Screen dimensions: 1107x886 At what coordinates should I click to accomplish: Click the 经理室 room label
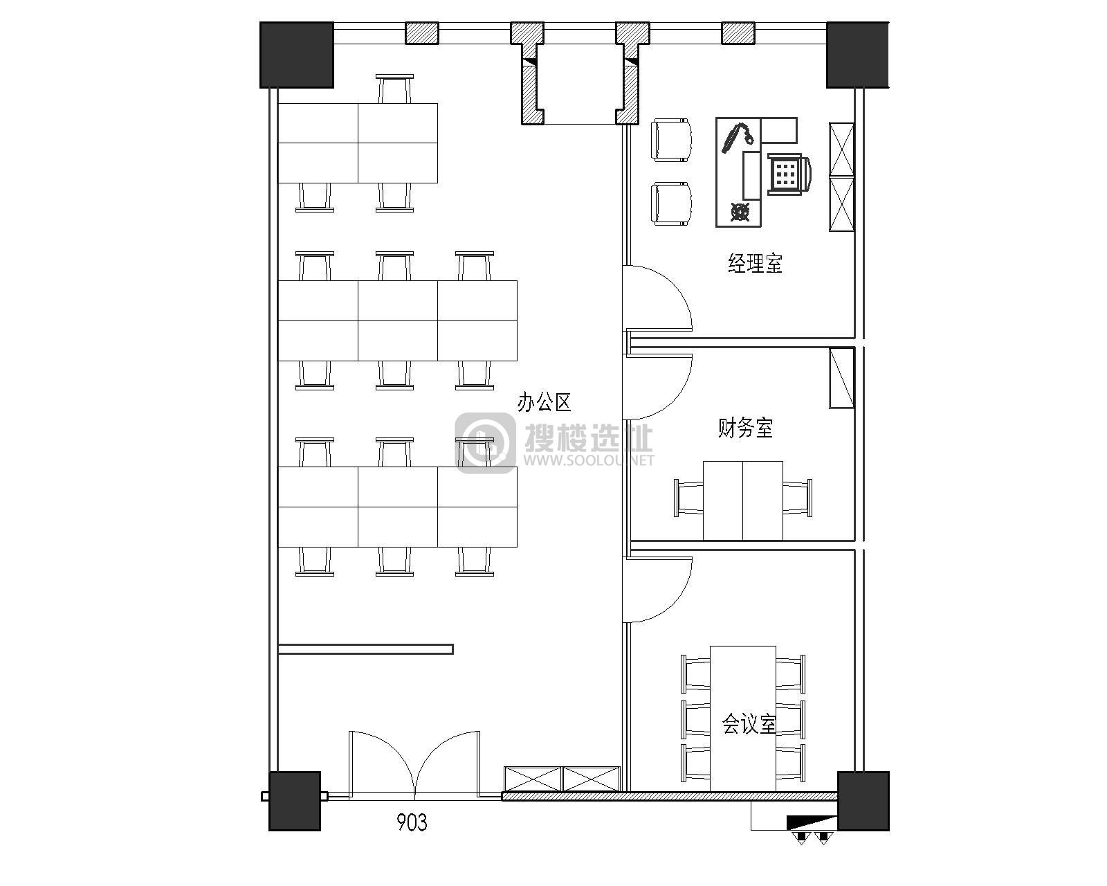(755, 263)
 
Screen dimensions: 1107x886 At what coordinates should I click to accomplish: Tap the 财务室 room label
(745, 428)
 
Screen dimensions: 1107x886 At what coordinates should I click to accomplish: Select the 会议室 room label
(749, 724)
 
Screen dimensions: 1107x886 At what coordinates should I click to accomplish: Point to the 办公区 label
(545, 402)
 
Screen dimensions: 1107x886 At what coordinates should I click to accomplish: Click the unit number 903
(412, 822)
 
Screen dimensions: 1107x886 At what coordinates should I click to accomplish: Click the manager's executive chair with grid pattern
(788, 174)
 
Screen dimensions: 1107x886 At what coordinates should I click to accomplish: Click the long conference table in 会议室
(743, 718)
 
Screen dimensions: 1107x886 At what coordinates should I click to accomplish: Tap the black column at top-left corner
(297, 55)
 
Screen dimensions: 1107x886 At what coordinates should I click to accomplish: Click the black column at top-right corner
(857, 55)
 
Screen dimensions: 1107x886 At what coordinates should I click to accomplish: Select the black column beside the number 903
(295, 801)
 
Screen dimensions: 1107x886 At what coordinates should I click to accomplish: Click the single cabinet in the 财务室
(841, 378)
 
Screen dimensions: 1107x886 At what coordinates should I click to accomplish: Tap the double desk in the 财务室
(743, 501)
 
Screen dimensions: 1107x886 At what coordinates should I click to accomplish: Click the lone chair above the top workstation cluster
(394, 89)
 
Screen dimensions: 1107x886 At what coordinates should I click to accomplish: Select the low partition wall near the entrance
(366, 649)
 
